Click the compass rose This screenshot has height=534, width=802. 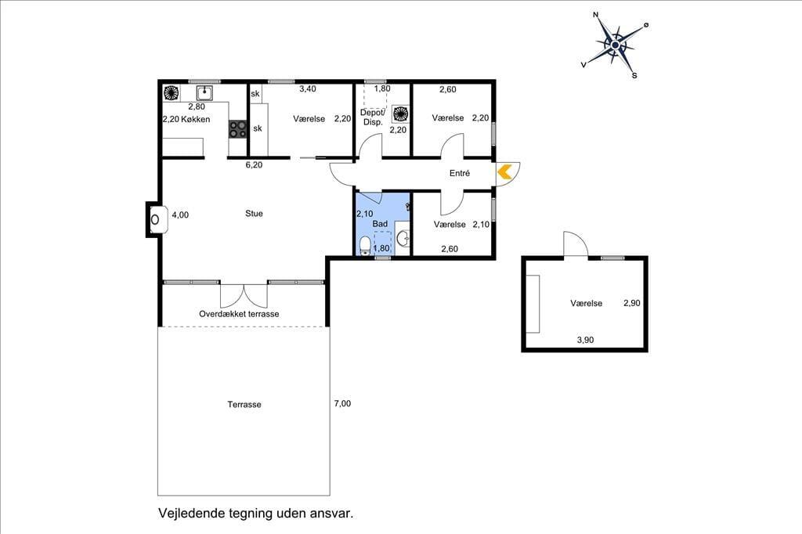pos(616,45)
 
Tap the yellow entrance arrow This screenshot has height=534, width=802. pos(504,171)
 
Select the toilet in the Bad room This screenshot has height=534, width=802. pos(365,246)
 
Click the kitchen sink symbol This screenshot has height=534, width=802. pos(204,92)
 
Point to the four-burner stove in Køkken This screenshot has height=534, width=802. pos(237,128)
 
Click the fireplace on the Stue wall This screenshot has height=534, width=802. pos(156,219)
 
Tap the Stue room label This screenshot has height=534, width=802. pos(254,213)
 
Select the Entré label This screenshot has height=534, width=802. pos(459,173)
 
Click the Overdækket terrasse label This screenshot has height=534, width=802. pos(239,313)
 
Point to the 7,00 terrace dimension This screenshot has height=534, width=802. pos(342,403)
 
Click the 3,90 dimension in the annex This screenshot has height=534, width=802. pos(585,340)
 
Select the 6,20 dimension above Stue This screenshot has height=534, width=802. pos(254,164)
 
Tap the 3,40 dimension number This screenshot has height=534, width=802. pos(307,88)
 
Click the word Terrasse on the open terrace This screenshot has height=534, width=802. pos(244,404)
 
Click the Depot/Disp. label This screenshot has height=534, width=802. pos(373,117)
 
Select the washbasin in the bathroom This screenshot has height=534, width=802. pos(403,237)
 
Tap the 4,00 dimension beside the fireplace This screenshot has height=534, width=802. pos(180,215)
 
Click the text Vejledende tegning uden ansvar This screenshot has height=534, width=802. pos(256,513)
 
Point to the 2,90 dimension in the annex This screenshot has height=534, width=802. pos(632,303)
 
